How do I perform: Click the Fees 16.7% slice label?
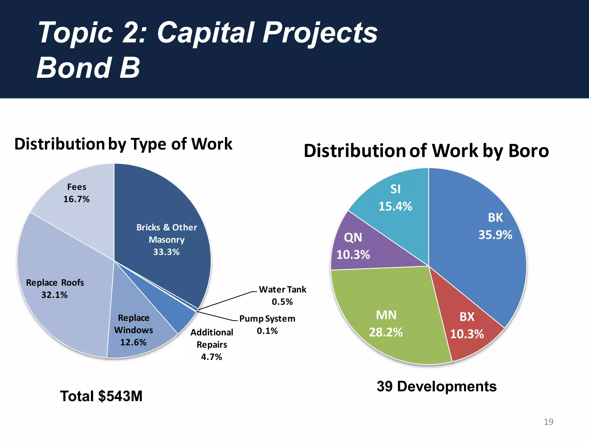click(77, 193)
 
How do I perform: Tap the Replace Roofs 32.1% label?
click(55, 289)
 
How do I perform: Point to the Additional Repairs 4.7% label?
click(212, 344)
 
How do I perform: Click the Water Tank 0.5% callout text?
click(282, 296)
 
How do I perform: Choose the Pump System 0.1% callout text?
click(267, 325)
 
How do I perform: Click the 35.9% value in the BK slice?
click(495, 235)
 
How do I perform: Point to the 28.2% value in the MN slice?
click(386, 332)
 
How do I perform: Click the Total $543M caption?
click(101, 396)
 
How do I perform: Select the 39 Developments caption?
click(437, 386)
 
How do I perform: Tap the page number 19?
click(548, 422)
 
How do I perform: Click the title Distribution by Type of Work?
click(123, 144)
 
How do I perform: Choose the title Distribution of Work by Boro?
click(426, 151)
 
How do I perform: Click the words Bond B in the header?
click(88, 68)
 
